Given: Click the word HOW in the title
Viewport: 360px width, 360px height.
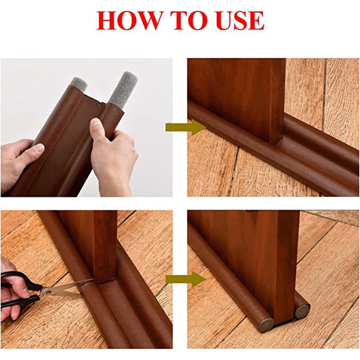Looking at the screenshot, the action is tap(129, 20).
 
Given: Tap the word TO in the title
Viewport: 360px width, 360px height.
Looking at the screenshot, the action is tap(189, 20).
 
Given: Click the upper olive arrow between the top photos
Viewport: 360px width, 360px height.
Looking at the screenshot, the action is tap(185, 127).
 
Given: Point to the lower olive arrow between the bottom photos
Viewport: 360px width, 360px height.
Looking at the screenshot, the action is tap(185, 279).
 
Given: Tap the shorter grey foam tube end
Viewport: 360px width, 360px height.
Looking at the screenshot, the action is tap(78, 84).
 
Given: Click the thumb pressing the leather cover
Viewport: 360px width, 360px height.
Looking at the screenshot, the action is tap(98, 129).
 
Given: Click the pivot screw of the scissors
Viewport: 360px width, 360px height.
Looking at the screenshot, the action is tap(48, 292).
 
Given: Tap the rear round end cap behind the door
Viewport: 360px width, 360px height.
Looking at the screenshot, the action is tap(301, 311).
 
